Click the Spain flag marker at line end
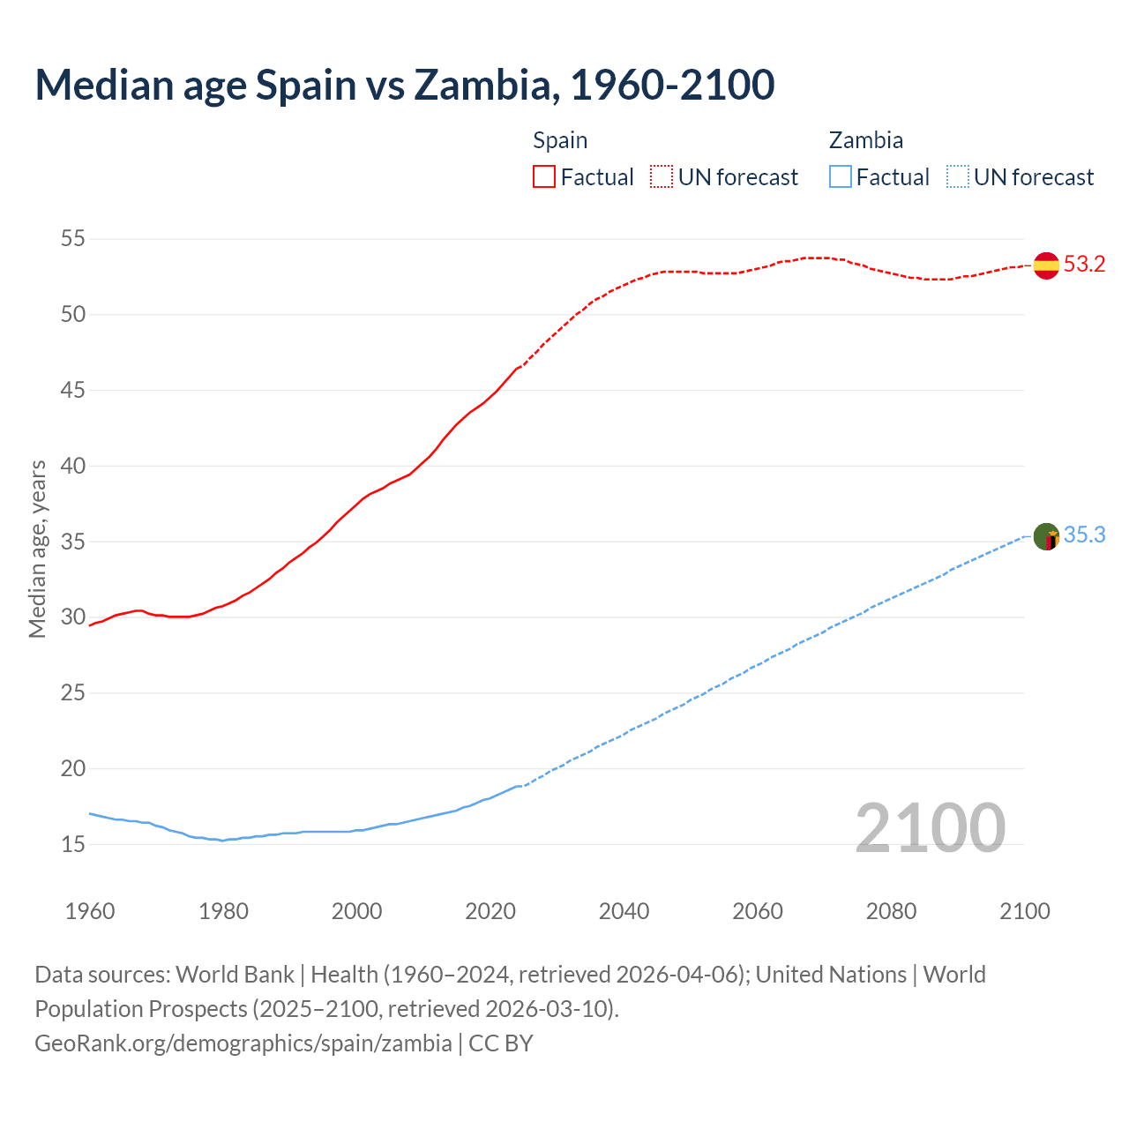[1046, 265]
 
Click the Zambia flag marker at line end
[1046, 536]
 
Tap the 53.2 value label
[1084, 265]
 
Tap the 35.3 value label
[1084, 535]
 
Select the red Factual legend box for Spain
[544, 177]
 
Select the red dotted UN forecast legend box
[662, 177]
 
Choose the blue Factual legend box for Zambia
[841, 177]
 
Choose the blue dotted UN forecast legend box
[957, 177]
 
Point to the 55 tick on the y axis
[73, 238]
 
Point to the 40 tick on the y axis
[73, 466]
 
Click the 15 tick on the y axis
[73, 844]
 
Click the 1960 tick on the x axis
[90, 911]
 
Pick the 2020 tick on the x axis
[490, 911]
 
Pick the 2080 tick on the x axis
[891, 911]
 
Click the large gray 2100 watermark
[930, 827]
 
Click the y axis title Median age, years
[37, 549]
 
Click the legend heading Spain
[560, 141]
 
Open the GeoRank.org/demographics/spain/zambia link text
[243, 1043]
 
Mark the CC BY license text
[501, 1043]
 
